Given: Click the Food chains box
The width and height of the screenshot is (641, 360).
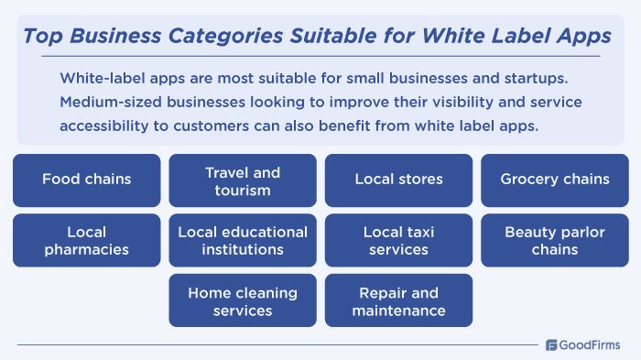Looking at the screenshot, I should tap(86, 180).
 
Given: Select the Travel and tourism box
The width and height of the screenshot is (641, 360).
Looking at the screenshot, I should tap(243, 180).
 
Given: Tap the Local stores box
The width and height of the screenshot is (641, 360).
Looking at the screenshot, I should tap(398, 180).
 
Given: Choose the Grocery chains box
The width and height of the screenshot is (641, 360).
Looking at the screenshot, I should tap(555, 180).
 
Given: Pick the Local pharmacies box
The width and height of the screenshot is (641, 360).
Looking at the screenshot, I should tap(86, 240).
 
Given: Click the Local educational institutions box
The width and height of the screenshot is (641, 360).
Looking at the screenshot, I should tap(243, 240).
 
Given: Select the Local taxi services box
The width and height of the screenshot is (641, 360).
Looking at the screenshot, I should tap(398, 240).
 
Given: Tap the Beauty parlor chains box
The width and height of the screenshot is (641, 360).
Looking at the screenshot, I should tap(555, 240).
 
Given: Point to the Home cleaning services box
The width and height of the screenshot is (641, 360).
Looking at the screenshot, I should tap(243, 301).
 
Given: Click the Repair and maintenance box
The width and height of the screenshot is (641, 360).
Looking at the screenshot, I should tap(398, 301).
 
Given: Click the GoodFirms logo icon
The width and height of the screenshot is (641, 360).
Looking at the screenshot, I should tap(552, 345).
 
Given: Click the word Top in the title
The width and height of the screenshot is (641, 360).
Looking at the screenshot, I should tap(39, 36).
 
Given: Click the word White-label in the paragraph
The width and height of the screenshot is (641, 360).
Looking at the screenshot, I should tap(98, 77).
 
